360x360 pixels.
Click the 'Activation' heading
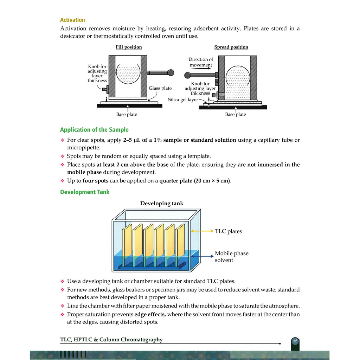[x=72, y=20]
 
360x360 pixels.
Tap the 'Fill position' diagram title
[x=129, y=47]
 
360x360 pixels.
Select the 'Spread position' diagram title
[x=231, y=47]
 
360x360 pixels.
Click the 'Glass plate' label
[x=160, y=88]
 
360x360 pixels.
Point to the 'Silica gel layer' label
[x=183, y=99]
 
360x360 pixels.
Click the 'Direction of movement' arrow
[x=201, y=68]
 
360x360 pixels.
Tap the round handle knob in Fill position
[x=171, y=72]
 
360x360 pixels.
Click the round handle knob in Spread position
[x=188, y=75]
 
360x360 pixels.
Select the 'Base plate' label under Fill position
[x=127, y=114]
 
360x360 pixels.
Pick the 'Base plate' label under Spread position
[x=235, y=114]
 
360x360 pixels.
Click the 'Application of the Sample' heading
[x=94, y=130]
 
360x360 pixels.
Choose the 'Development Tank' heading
[x=85, y=192]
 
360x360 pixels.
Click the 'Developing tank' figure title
[x=162, y=204]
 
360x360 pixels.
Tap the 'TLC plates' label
[x=228, y=231]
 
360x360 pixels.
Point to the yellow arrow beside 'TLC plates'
[x=202, y=231]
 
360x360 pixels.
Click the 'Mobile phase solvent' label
[x=231, y=257]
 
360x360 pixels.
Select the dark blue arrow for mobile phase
[x=202, y=256]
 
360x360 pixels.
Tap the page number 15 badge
[x=295, y=341]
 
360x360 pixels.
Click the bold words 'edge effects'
[x=149, y=314]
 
